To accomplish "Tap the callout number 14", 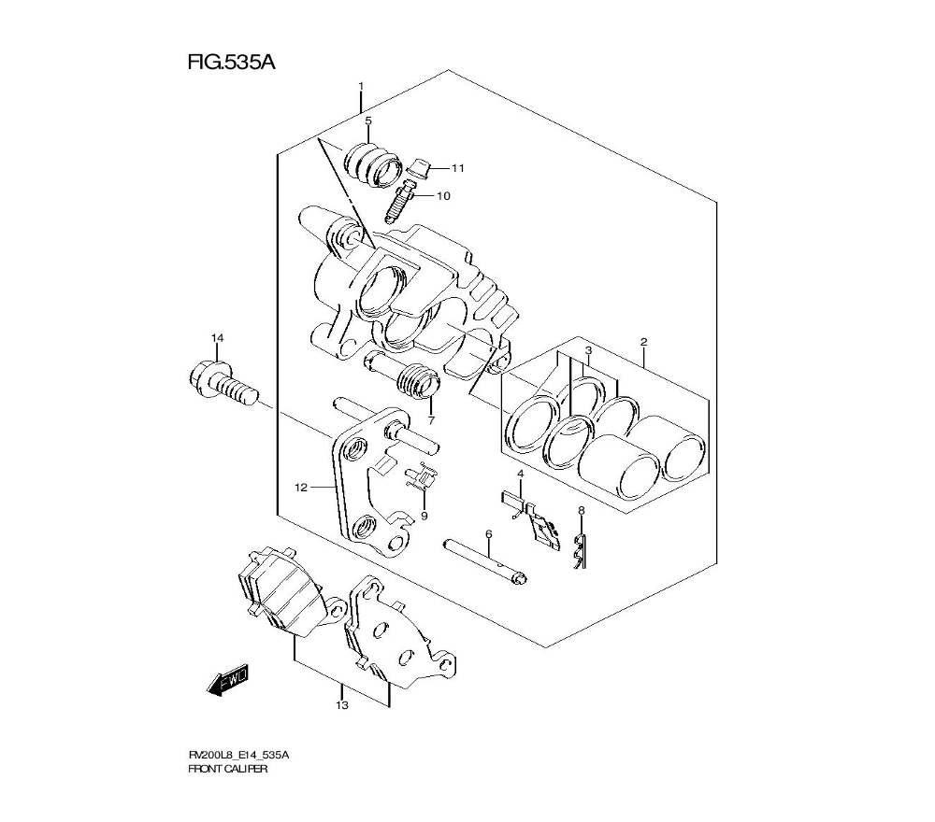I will [x=217, y=337].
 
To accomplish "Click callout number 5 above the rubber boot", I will [x=368, y=121].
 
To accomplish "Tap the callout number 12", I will [x=301, y=487].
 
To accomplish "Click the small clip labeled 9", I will [x=422, y=477].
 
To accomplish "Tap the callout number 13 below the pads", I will [x=342, y=705].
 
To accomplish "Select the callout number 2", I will [x=643, y=342].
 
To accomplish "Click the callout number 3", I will [x=588, y=350].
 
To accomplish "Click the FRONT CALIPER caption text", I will [x=228, y=770].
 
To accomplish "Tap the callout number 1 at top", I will [x=361, y=86].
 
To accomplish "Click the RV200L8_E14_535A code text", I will [x=238, y=755].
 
